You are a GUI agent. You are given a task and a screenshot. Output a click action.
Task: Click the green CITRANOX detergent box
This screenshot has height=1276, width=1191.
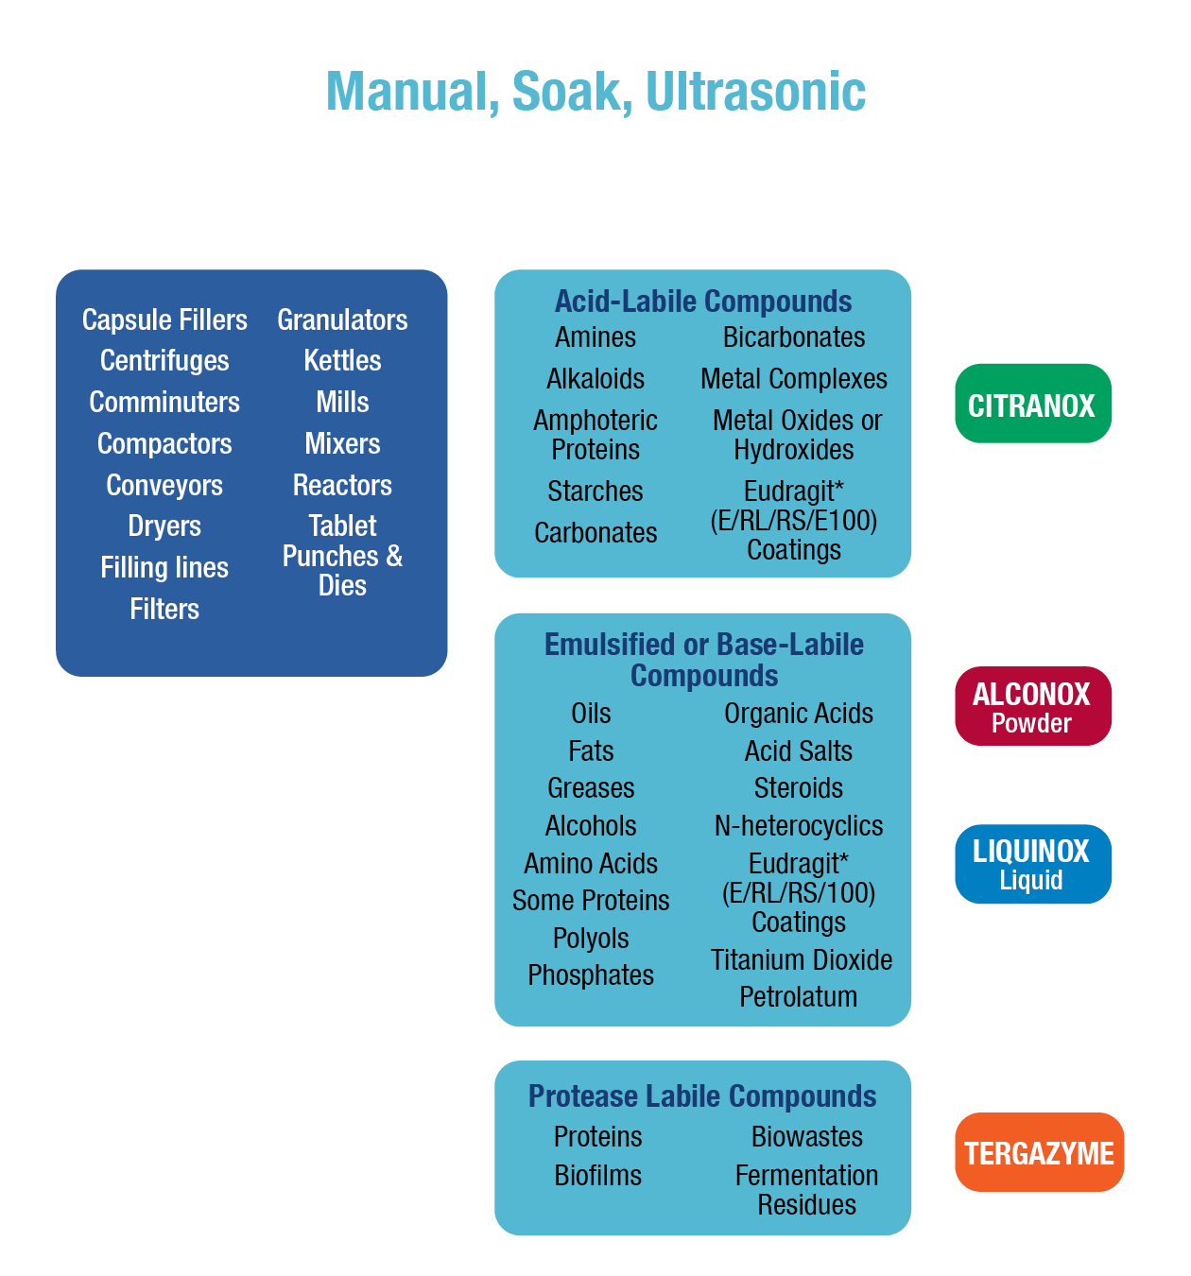click(x=1032, y=405)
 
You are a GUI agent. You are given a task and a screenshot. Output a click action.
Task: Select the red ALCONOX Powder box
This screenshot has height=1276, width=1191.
click(x=1032, y=706)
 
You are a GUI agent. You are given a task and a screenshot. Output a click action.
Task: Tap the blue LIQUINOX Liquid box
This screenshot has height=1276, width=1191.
click(x=1032, y=864)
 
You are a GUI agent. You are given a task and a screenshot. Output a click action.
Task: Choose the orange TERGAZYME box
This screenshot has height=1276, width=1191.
click(x=1039, y=1152)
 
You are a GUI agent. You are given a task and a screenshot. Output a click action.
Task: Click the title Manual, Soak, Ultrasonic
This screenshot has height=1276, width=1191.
click(x=595, y=92)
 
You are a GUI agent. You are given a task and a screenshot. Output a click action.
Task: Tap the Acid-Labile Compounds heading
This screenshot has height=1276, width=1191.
click(x=703, y=302)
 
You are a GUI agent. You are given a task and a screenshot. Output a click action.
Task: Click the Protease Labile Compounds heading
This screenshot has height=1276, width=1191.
click(x=702, y=1096)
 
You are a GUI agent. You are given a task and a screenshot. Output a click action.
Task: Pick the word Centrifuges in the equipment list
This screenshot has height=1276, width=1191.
click(x=164, y=360)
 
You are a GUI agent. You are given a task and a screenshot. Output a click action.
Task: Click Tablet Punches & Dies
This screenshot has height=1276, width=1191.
click(x=342, y=555)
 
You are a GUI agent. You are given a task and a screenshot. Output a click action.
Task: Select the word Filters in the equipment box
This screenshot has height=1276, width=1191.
click(x=164, y=609)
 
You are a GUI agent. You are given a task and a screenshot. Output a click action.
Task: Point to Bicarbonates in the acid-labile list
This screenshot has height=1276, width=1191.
click(x=794, y=337)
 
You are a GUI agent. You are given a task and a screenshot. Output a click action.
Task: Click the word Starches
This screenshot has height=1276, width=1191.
click(x=595, y=491)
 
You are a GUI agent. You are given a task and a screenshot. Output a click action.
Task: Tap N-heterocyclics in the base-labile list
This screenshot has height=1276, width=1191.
click(x=799, y=826)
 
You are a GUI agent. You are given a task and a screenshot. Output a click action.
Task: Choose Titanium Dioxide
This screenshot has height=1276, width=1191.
click(x=802, y=959)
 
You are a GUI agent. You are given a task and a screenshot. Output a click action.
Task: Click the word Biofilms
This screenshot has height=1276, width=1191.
click(x=597, y=1176)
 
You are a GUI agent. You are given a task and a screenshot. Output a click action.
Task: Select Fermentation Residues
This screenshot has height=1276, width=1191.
click(x=806, y=1190)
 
